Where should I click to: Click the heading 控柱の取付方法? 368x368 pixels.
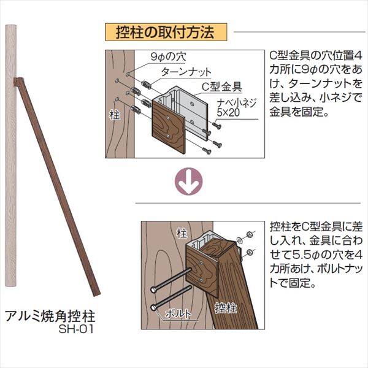(165, 32)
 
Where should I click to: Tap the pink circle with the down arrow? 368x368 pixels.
(189, 181)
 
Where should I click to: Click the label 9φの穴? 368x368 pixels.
(168, 56)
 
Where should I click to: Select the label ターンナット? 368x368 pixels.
(186, 72)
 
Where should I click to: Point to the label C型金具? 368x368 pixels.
(222, 86)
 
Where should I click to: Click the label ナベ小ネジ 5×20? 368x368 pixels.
(236, 108)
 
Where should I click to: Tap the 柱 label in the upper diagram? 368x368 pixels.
(115, 115)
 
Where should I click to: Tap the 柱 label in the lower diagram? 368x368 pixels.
(182, 233)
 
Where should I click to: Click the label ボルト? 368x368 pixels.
(178, 313)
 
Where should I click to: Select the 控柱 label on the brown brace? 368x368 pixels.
(226, 307)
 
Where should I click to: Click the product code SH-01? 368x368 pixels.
(76, 329)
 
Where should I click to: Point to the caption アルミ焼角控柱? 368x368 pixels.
(50, 316)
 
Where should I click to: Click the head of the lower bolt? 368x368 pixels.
(153, 307)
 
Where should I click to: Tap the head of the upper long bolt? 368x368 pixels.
(153, 289)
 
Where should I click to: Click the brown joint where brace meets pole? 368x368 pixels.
(18, 82)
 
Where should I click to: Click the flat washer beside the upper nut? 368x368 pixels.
(240, 239)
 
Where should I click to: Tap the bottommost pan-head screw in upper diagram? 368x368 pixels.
(207, 150)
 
